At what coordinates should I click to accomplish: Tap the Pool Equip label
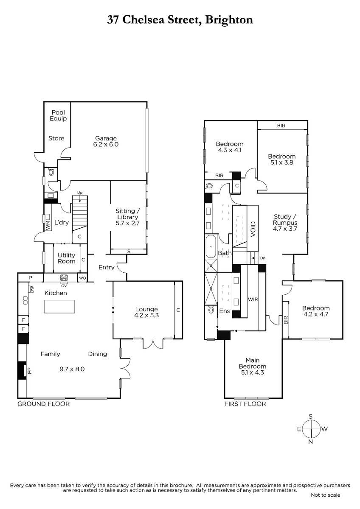click(x=58, y=115)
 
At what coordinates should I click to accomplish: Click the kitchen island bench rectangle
click(x=59, y=307)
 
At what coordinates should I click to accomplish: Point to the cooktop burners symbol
click(x=64, y=278)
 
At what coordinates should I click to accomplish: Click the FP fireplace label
click(x=30, y=371)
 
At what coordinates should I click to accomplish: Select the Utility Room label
click(x=66, y=258)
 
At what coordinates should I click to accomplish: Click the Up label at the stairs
click(x=79, y=193)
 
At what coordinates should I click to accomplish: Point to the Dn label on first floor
click(x=263, y=258)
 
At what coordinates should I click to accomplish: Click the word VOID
click(x=253, y=229)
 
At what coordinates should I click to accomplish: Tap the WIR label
click(x=253, y=299)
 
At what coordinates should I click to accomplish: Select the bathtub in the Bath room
click(x=211, y=246)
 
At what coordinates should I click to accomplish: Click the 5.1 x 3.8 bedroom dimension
click(x=282, y=162)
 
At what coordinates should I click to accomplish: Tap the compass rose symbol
click(x=311, y=429)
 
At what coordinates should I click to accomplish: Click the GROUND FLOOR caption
click(x=43, y=404)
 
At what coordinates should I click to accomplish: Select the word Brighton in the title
click(x=229, y=20)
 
